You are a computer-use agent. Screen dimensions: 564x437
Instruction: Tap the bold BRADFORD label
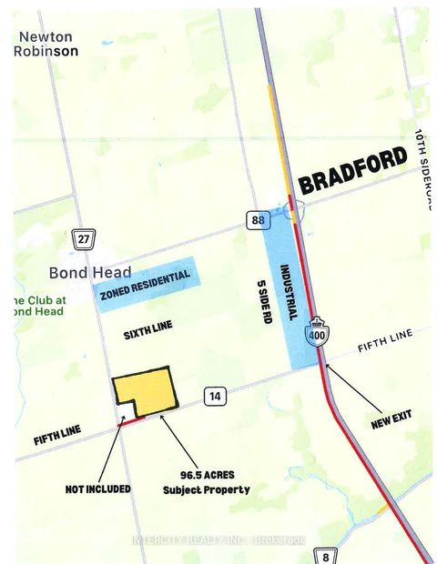(x=352, y=172)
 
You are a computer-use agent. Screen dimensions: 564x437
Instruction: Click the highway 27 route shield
(x=84, y=239)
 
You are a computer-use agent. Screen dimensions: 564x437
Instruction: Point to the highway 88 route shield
(x=256, y=219)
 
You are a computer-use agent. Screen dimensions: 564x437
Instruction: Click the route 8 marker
(x=325, y=554)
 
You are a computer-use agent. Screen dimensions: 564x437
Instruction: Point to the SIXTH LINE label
(x=148, y=335)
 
